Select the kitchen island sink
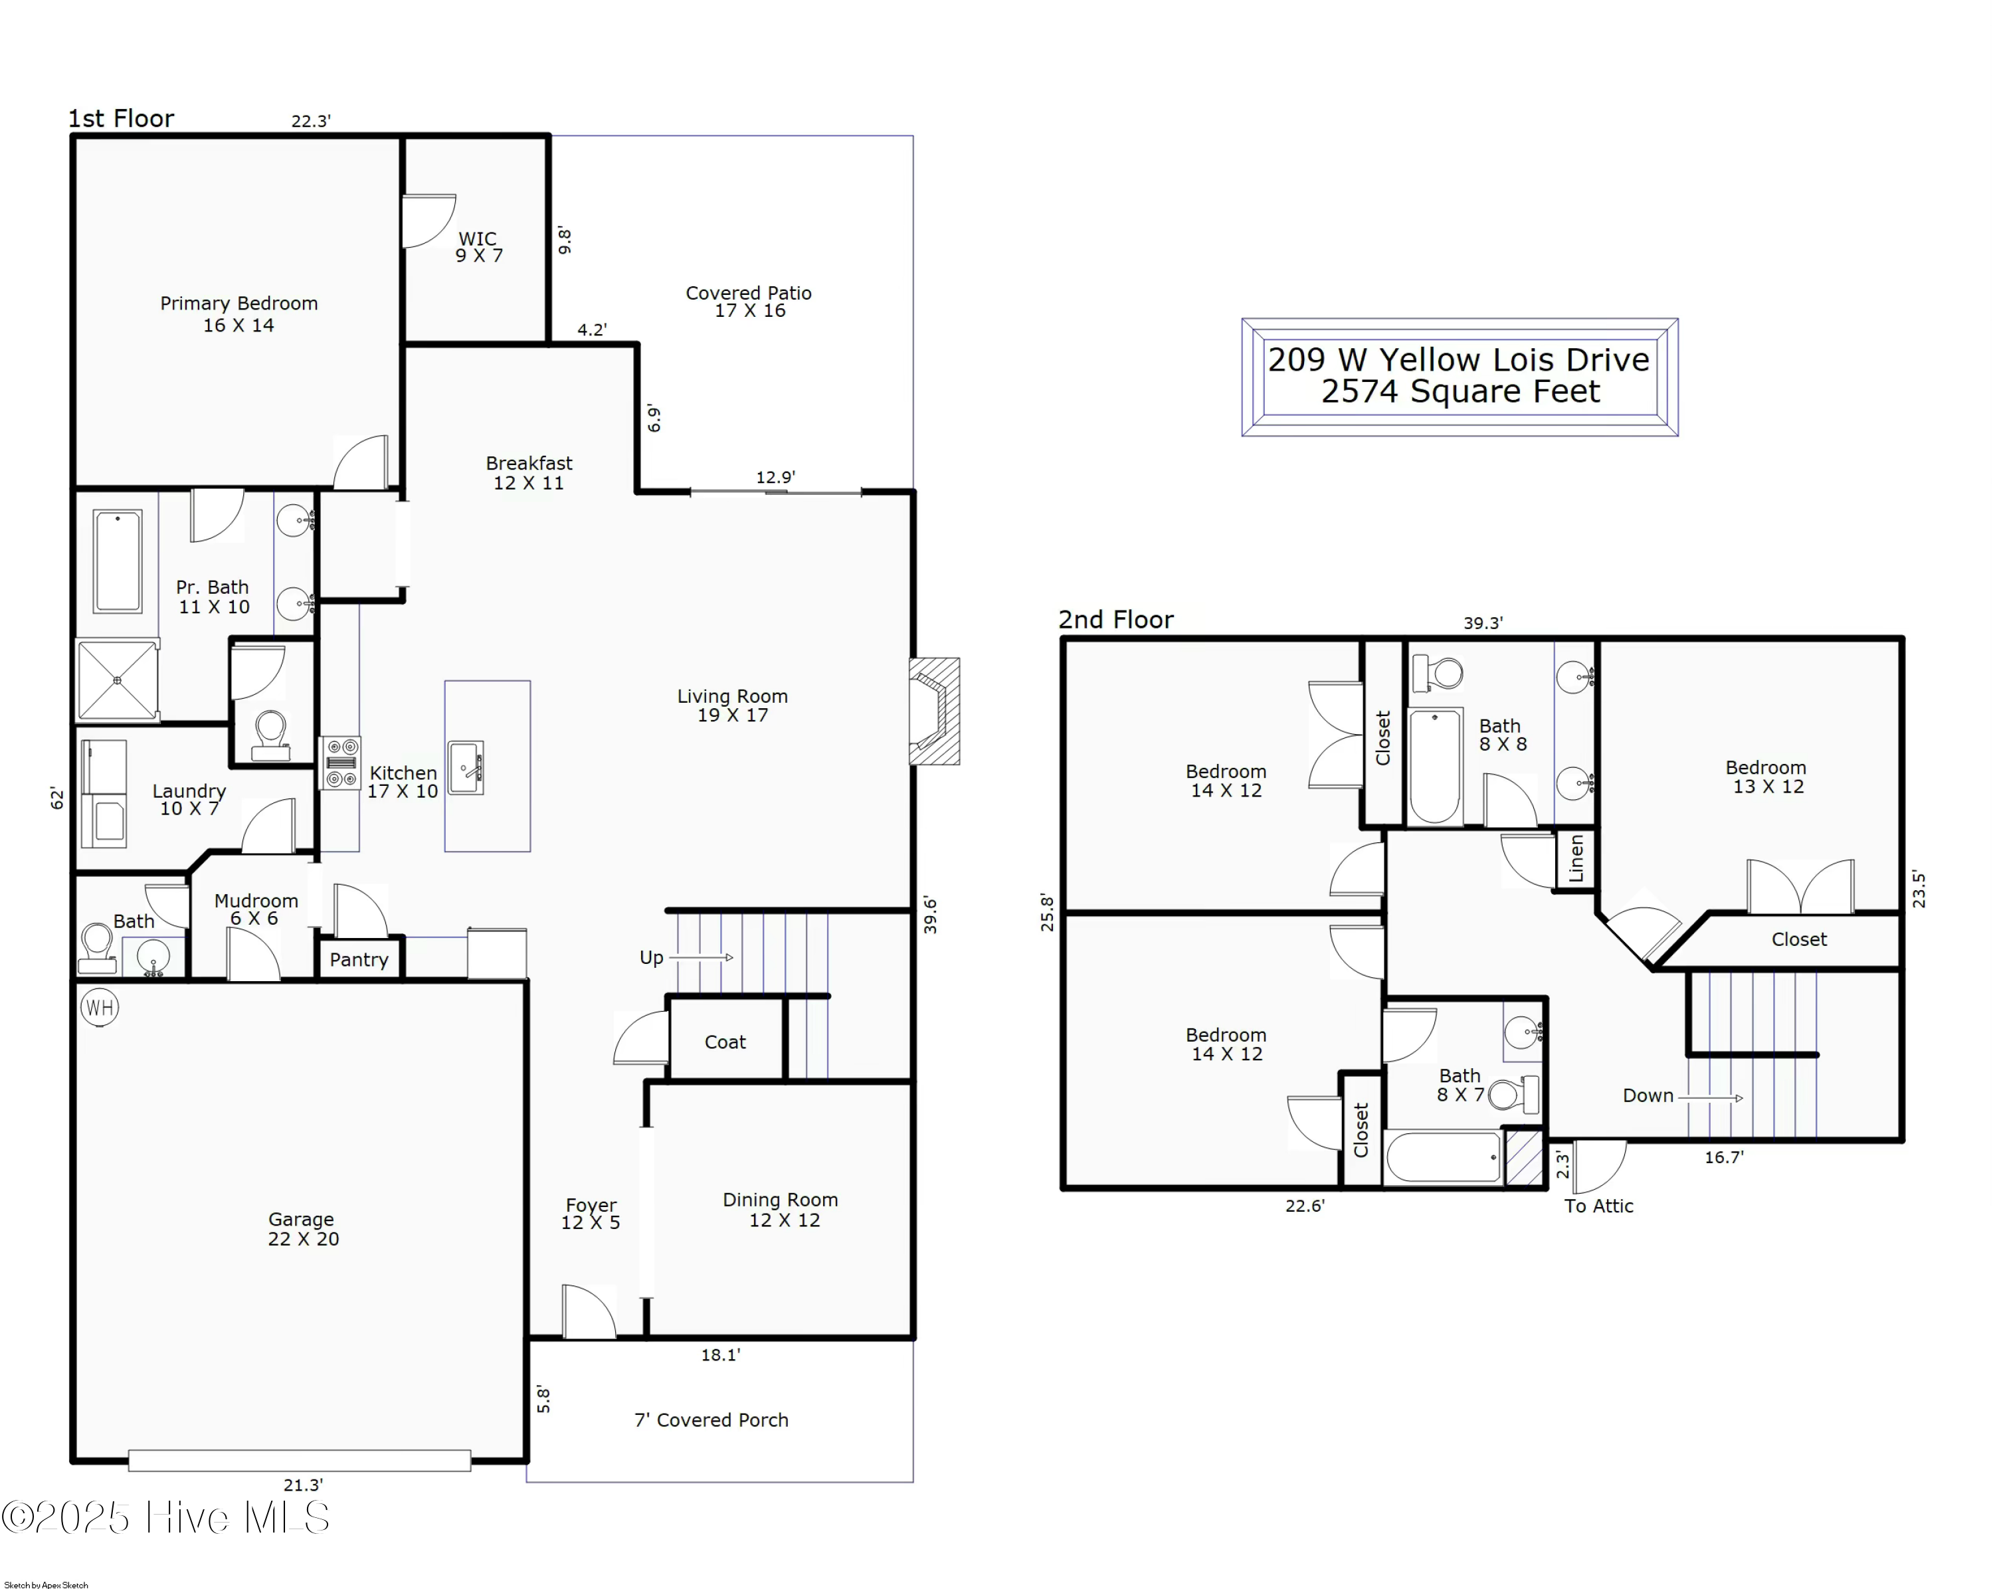[x=466, y=767]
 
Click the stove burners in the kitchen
[x=341, y=763]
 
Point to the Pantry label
[x=359, y=959]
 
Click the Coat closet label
[x=725, y=1042]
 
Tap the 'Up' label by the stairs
[x=652, y=958]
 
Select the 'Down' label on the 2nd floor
[x=1648, y=1095]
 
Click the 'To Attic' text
[x=1598, y=1206]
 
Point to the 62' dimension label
[x=57, y=798]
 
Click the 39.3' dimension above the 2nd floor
[x=1483, y=623]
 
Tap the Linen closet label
[x=1576, y=859]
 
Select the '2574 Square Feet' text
[x=1460, y=391]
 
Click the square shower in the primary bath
[x=118, y=680]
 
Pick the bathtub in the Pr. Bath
[x=118, y=561]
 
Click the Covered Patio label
[x=749, y=302]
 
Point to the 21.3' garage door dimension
[x=303, y=1485]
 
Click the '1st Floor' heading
[x=121, y=118]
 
